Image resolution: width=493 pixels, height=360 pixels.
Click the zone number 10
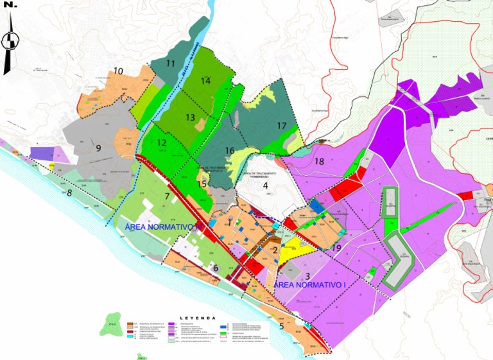(x=118, y=71)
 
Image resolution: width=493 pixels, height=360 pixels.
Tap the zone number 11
(x=171, y=64)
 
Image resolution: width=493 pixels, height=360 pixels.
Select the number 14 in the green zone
(x=205, y=81)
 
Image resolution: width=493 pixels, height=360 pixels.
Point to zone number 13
(x=190, y=117)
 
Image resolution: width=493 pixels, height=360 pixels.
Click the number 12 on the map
(x=162, y=143)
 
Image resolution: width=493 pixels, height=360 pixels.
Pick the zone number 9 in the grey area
(x=99, y=148)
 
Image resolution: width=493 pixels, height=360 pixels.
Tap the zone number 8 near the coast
(x=69, y=193)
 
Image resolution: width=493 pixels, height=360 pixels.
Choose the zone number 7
(x=167, y=196)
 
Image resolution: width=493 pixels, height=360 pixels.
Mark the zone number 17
(x=281, y=126)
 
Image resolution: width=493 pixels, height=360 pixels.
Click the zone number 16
(x=230, y=151)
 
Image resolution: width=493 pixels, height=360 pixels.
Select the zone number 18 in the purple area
(x=319, y=162)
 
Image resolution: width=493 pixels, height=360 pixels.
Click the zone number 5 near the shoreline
(x=281, y=326)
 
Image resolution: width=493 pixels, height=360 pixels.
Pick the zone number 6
(x=216, y=268)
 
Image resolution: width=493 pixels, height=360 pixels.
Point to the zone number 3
(x=307, y=276)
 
